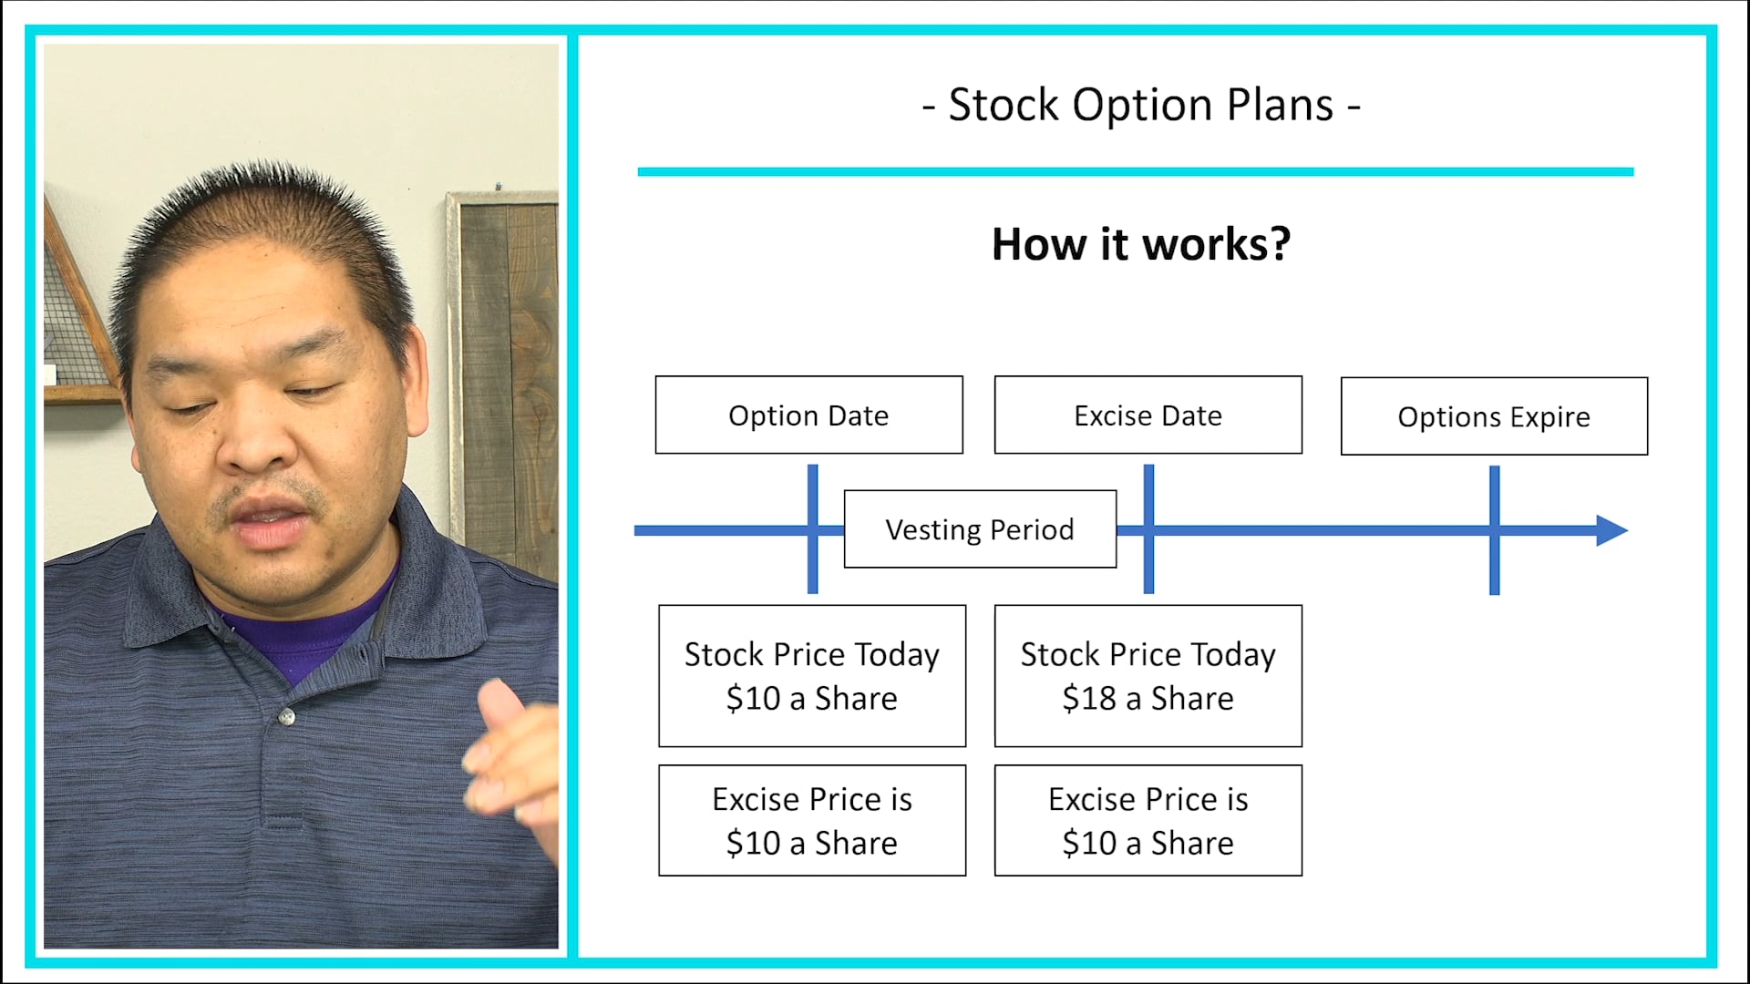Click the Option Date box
808,415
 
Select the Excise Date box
1148,415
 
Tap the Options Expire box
1494,416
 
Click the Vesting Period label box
980,529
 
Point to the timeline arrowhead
1611,530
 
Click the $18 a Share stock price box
1148,676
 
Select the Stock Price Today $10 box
811,676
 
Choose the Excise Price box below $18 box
1148,821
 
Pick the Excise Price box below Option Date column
811,821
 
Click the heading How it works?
1140,244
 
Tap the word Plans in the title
1280,105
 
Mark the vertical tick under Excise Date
1148,579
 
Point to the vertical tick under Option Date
812,579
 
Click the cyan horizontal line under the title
1135,171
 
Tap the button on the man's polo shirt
288,717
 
